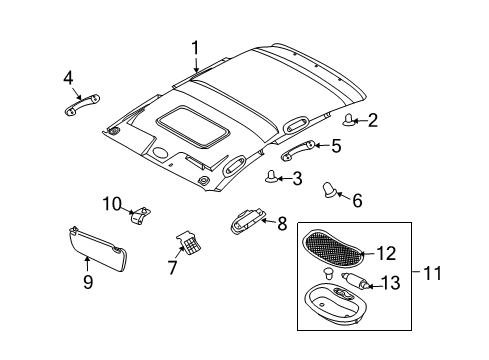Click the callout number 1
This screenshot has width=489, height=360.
point(196,46)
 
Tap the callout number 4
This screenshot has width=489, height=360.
point(69,77)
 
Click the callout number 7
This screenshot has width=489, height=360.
point(172,268)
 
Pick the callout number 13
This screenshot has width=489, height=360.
point(420,284)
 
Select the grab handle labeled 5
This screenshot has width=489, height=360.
point(297,152)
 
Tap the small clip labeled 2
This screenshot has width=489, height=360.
point(350,121)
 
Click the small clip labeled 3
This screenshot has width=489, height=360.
point(272,178)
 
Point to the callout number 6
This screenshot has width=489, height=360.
point(357,199)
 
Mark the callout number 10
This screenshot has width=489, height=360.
point(111,204)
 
